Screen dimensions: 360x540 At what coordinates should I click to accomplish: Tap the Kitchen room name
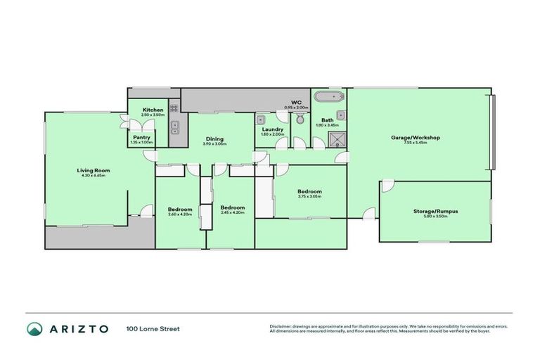point(153,110)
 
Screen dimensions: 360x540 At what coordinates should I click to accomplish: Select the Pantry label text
point(141,137)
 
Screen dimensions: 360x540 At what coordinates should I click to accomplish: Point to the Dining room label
point(214,139)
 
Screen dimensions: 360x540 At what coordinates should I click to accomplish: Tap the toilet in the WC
point(300,119)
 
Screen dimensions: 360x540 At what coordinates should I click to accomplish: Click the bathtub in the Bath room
point(328,97)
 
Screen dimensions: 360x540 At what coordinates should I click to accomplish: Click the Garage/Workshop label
point(415,137)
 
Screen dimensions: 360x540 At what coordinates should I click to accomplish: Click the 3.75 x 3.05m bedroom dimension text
point(309,197)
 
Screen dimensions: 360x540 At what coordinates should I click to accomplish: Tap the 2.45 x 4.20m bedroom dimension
point(232,212)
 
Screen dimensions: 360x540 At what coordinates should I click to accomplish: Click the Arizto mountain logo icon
point(34,328)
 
